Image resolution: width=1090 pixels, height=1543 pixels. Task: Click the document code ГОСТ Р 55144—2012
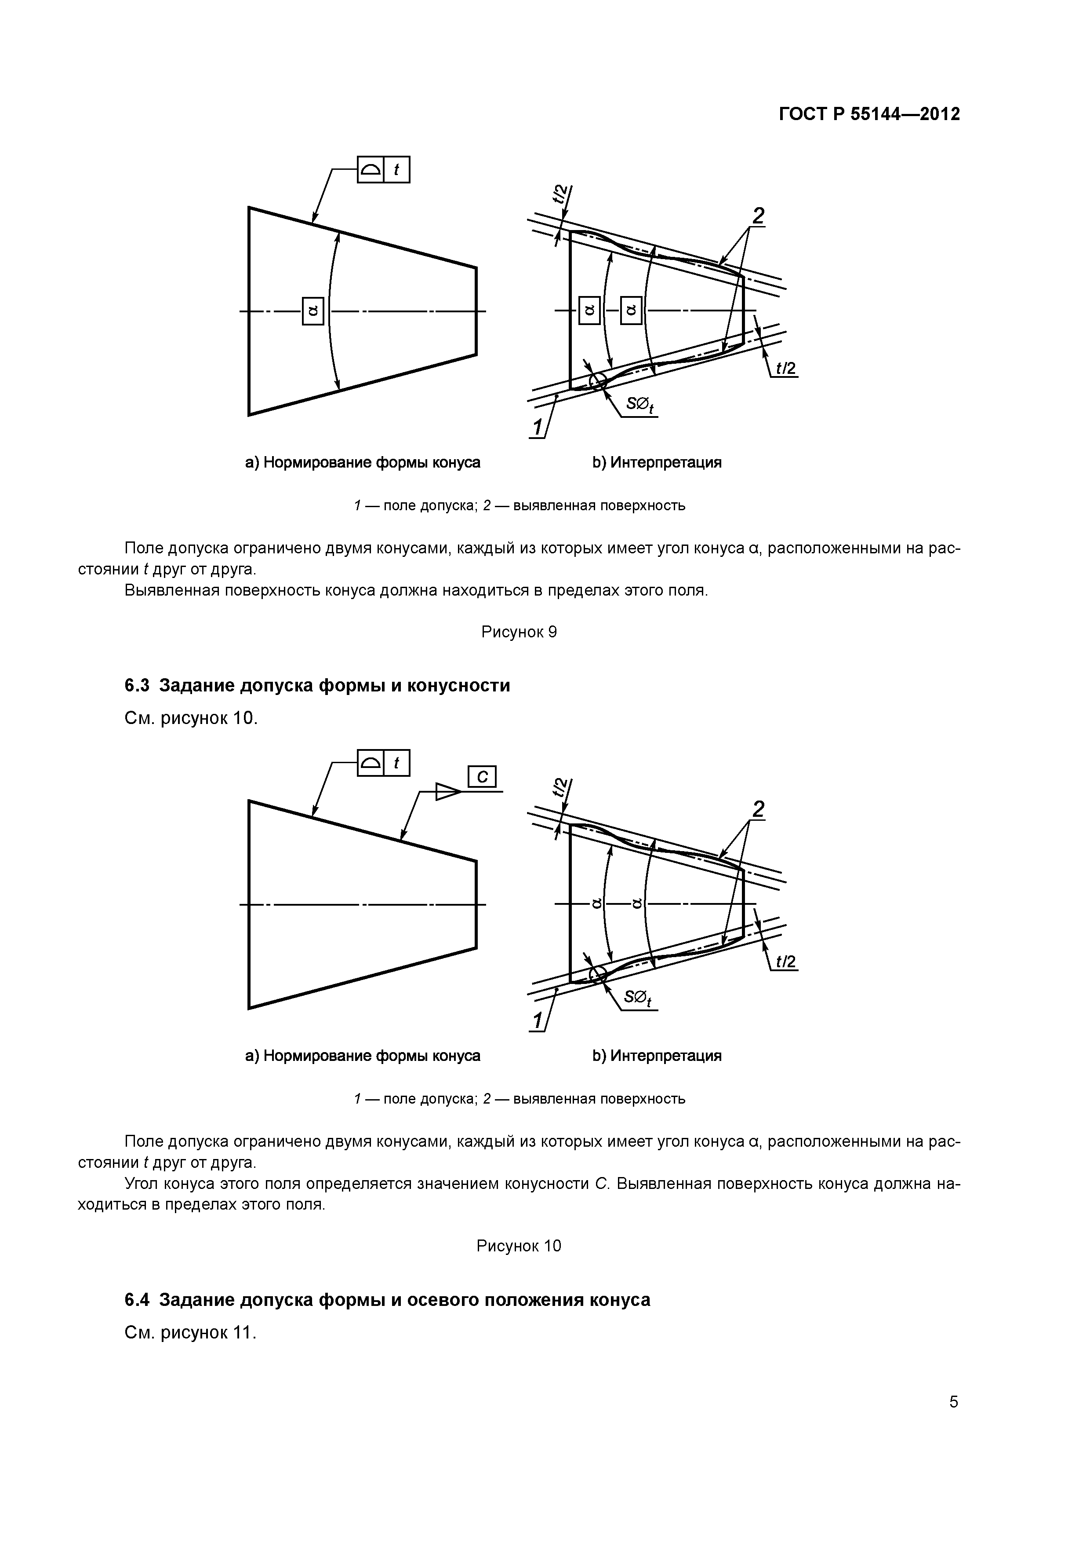click(869, 114)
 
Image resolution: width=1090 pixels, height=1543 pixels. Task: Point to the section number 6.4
click(137, 1300)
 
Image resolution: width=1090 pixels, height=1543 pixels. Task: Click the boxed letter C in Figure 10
click(482, 777)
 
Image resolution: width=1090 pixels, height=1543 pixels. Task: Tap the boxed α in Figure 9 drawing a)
click(313, 311)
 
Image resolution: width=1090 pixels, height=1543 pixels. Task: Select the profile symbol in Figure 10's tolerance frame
click(370, 763)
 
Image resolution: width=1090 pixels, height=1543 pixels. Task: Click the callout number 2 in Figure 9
click(758, 216)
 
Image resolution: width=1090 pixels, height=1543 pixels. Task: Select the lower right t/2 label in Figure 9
click(785, 368)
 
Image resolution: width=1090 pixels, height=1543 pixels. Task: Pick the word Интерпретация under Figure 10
click(665, 1056)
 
